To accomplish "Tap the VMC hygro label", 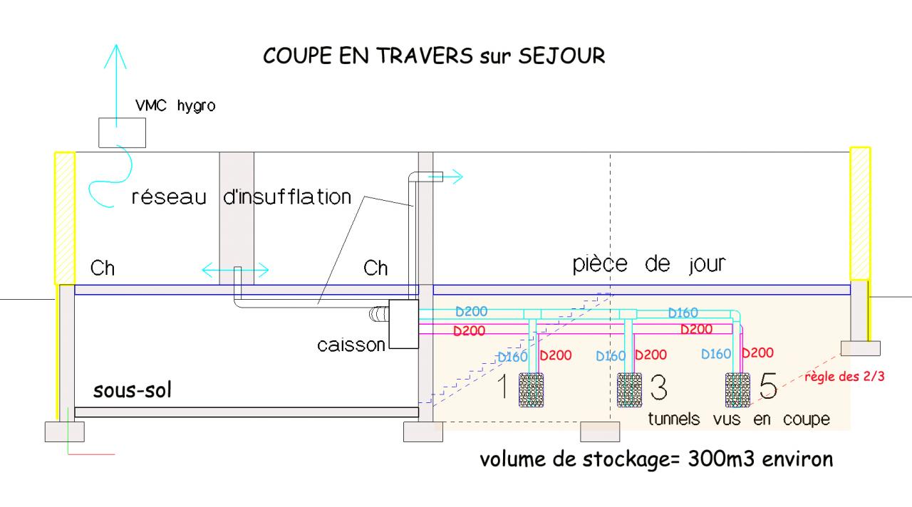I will click(x=175, y=107).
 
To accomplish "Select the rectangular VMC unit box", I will click(x=122, y=132).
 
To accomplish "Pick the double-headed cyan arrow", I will click(x=235, y=270).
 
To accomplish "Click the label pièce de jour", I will click(x=649, y=265).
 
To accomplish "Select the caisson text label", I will click(x=351, y=346).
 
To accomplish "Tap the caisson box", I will click(x=403, y=324).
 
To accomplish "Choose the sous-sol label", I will click(x=133, y=391).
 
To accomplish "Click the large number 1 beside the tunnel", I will click(x=502, y=388).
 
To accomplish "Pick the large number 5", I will click(x=768, y=388).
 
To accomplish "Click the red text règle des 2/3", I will click(x=844, y=377).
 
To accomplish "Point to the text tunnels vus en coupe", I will click(x=738, y=419).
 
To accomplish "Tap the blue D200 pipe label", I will click(x=472, y=312).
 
